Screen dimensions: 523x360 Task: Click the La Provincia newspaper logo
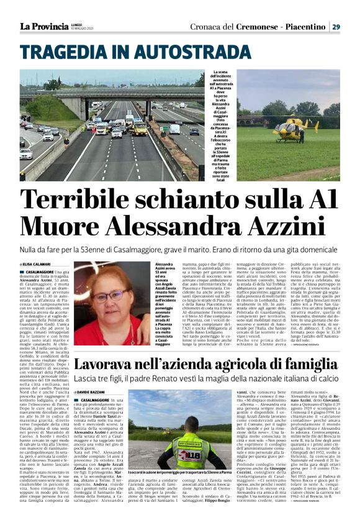tap(44, 27)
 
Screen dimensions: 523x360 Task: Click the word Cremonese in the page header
tap(253, 27)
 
